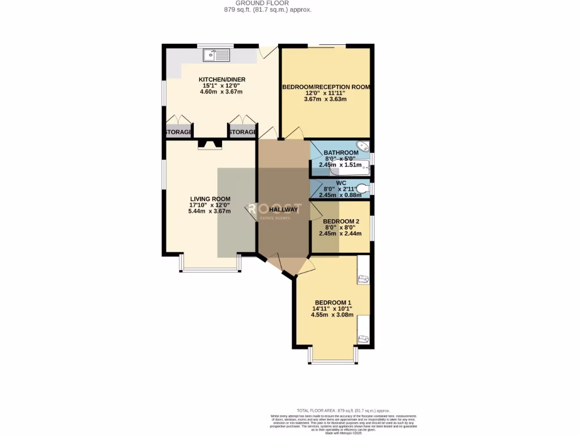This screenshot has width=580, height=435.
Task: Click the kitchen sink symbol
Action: [x=216, y=55]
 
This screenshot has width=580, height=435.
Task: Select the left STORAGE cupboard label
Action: [x=178, y=132]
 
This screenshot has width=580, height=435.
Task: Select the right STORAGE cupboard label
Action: [x=242, y=132]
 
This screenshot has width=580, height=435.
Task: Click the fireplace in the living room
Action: [x=210, y=146]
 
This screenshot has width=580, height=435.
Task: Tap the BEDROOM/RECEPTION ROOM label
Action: [x=326, y=87]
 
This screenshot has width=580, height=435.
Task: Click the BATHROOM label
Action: [x=340, y=153]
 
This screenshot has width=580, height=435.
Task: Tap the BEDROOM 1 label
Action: [x=333, y=302]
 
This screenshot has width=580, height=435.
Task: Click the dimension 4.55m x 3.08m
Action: [x=333, y=315]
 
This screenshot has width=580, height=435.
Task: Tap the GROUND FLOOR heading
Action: [x=266, y=3]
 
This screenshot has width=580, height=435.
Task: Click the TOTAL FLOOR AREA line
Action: [x=343, y=410]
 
